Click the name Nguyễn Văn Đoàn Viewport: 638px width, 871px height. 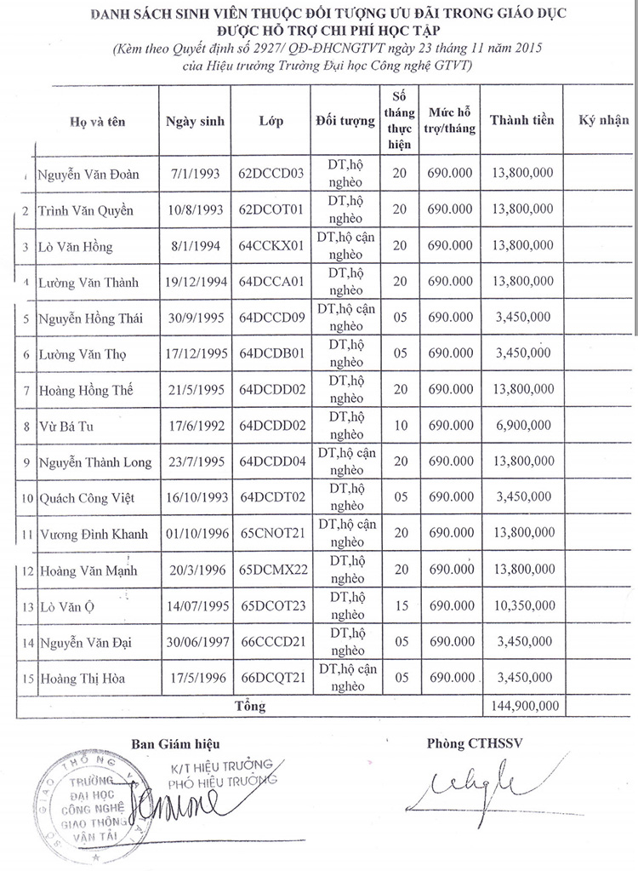point(88,175)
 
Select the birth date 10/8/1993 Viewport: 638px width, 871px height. point(195,209)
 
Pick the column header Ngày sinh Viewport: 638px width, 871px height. point(195,121)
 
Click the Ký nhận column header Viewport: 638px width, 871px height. point(603,120)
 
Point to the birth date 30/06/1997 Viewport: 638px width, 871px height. point(195,643)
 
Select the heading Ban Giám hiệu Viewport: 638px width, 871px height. point(169,742)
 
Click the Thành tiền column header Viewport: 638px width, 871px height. point(521,120)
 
